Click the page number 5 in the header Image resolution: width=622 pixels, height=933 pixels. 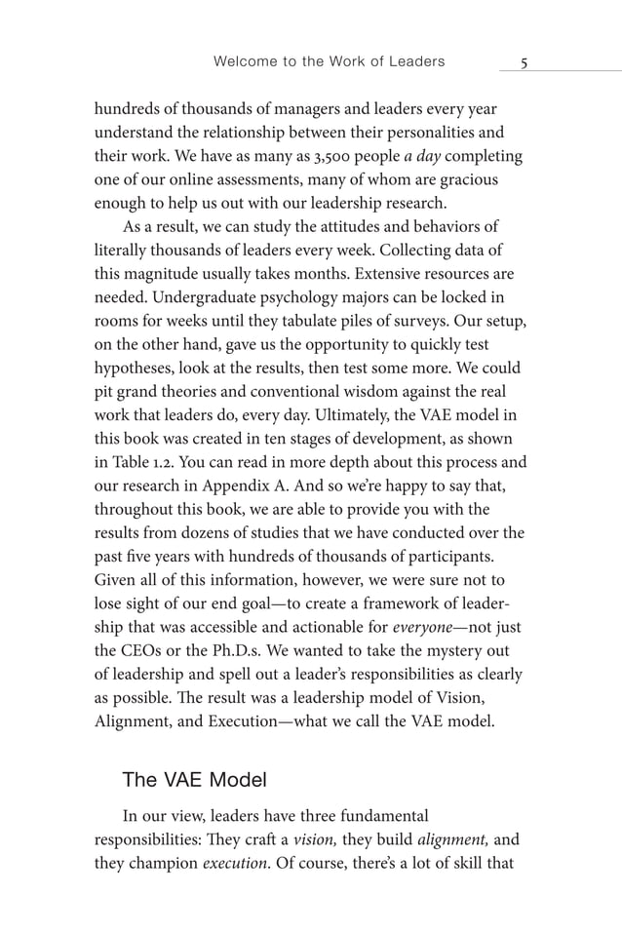point(524,62)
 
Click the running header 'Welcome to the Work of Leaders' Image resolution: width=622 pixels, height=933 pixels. point(329,61)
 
